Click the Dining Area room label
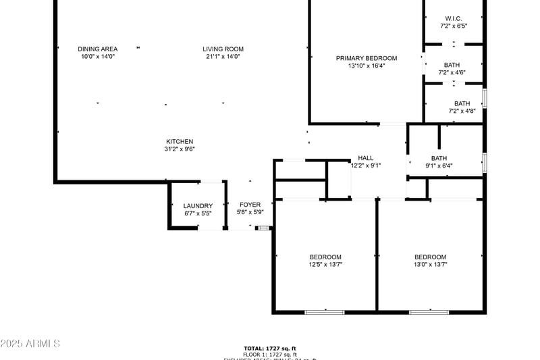pos(98,49)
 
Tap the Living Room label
pos(223,49)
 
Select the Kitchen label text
pos(180,141)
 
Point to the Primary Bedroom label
pos(367,58)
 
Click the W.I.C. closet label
pos(454,18)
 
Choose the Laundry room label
pos(198,206)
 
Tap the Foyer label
pos(250,205)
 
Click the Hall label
pos(366,157)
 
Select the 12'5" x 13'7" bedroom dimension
pos(325,265)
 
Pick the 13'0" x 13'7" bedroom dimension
pos(431,265)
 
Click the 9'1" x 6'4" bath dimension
pos(439,165)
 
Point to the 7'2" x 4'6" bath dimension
pos(452,72)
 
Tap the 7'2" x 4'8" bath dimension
pos(462,111)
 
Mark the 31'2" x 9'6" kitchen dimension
pos(180,149)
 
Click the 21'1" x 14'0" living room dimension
pos(223,57)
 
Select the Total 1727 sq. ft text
pos(270,348)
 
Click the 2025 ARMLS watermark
pos(30,344)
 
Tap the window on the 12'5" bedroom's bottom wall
pos(325,311)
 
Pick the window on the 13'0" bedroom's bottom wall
pos(429,311)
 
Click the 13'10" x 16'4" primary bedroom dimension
pos(367,66)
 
